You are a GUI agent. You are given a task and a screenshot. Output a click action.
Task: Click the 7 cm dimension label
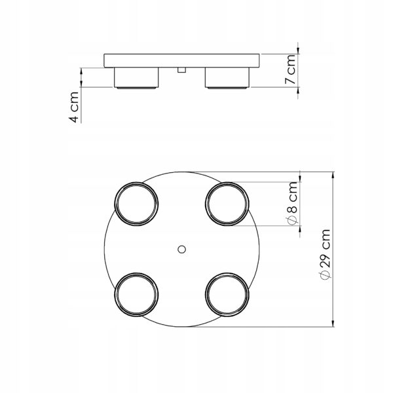[x=290, y=69]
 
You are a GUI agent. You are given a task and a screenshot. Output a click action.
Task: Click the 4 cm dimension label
[x=74, y=107]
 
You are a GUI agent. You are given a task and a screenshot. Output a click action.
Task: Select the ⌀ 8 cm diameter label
[x=291, y=203]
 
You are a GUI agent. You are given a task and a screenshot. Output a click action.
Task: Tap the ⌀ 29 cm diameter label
[x=325, y=254]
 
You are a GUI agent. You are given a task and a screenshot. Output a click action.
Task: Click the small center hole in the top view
[x=181, y=250]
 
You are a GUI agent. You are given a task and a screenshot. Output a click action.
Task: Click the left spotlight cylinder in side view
[x=136, y=78]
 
